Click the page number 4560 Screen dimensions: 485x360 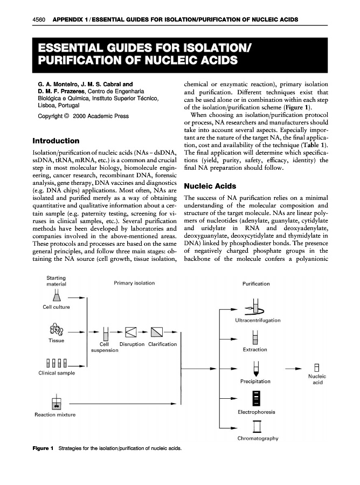click(40, 20)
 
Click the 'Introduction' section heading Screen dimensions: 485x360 click(56, 141)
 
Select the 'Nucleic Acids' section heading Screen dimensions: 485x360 click(210, 186)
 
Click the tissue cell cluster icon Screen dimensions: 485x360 click(56, 330)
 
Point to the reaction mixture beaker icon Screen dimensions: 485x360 click(55, 402)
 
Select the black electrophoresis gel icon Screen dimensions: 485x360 click(256, 398)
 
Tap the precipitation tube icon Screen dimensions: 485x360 click(256, 369)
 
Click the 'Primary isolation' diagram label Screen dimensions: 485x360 click(134, 282)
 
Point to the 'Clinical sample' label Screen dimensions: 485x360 click(57, 373)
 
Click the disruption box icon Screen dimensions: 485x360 click(131, 331)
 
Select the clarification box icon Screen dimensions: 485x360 click(157, 331)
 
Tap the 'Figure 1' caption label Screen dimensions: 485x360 click(43, 448)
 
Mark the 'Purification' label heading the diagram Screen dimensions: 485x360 click(257, 283)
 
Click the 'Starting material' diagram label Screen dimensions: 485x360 click(56, 281)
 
